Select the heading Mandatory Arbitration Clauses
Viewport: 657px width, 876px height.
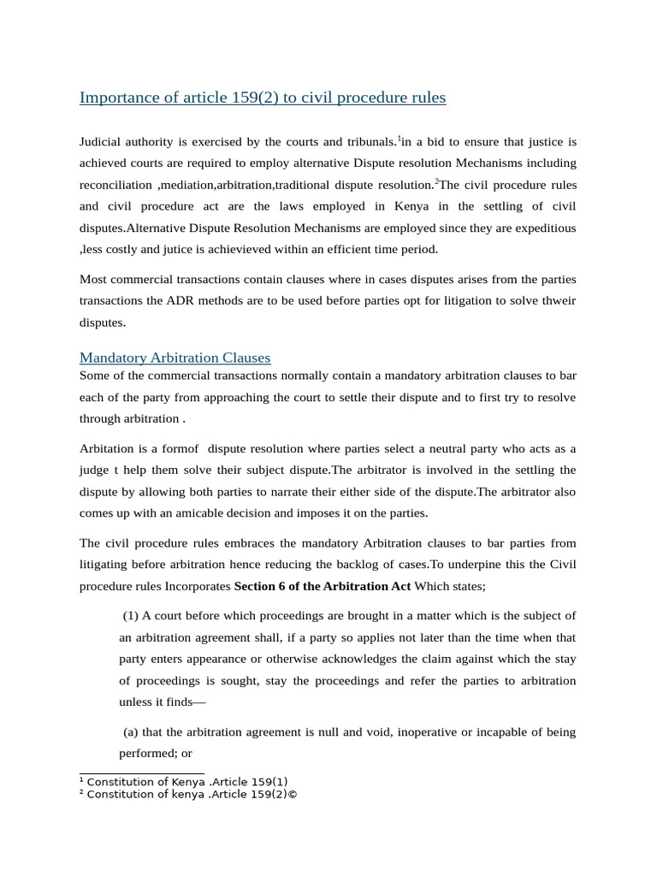175,358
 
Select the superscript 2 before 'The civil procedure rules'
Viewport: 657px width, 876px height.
435,181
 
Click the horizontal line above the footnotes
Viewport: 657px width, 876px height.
141,772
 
